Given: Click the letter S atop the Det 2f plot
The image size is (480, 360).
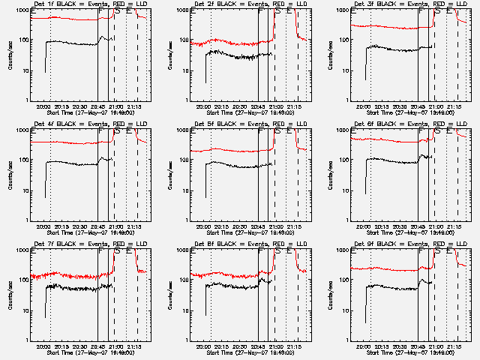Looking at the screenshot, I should pyautogui.click(x=278, y=11).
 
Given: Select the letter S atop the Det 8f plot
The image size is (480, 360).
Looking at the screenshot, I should pyautogui.click(x=278, y=251).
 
